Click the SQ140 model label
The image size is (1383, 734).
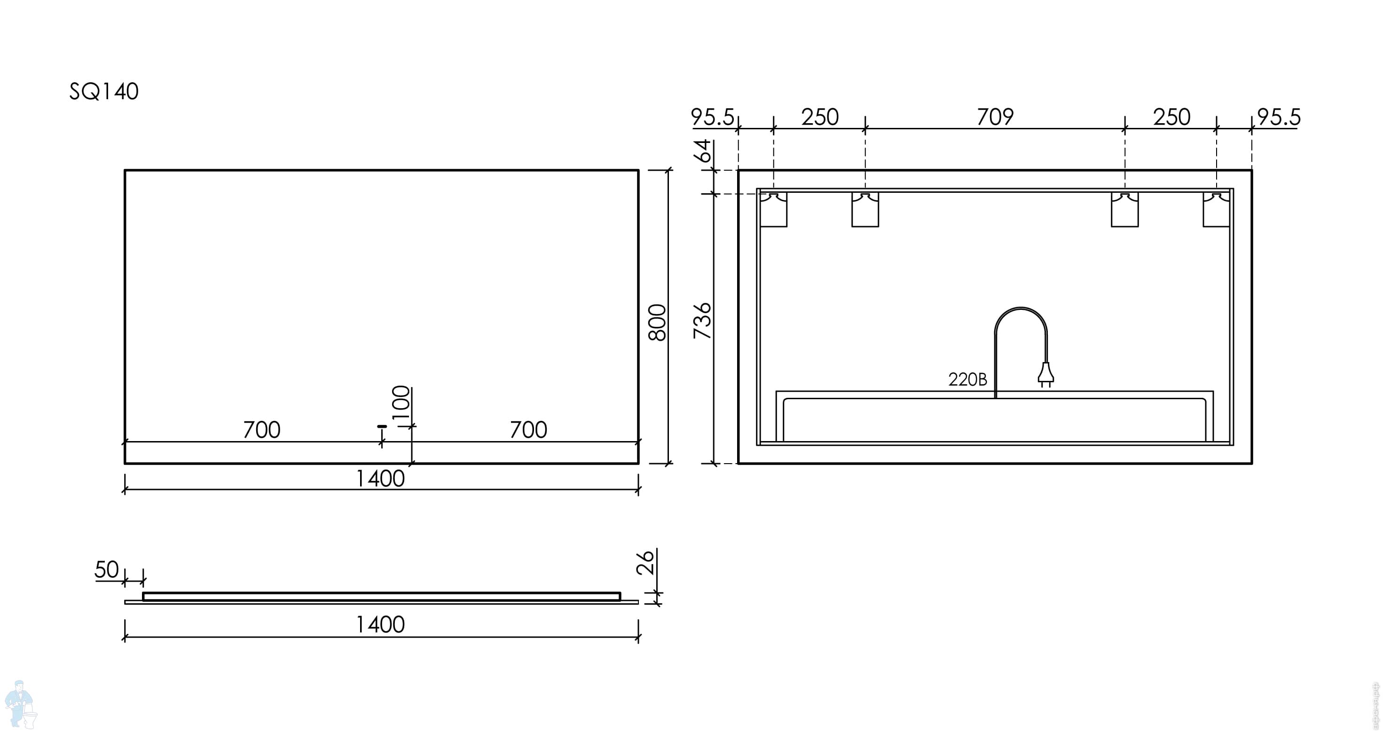click(x=103, y=92)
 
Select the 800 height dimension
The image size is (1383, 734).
click(x=658, y=322)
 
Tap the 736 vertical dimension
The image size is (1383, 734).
click(x=702, y=321)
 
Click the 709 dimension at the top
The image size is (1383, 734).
click(x=995, y=117)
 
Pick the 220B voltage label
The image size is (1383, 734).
click(x=967, y=379)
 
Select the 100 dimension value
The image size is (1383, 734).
click(x=401, y=405)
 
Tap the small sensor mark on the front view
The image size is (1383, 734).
click(x=382, y=426)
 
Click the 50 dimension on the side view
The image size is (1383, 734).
click(x=106, y=570)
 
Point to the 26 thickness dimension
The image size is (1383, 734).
click(x=646, y=562)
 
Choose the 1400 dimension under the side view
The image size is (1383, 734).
click(x=380, y=625)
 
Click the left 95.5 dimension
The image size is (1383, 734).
click(x=712, y=117)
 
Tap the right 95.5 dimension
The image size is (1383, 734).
click(x=1279, y=117)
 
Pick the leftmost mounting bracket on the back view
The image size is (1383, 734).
click(x=774, y=209)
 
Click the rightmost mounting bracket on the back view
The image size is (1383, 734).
click(x=1217, y=209)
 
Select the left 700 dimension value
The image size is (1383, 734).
click(x=261, y=430)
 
